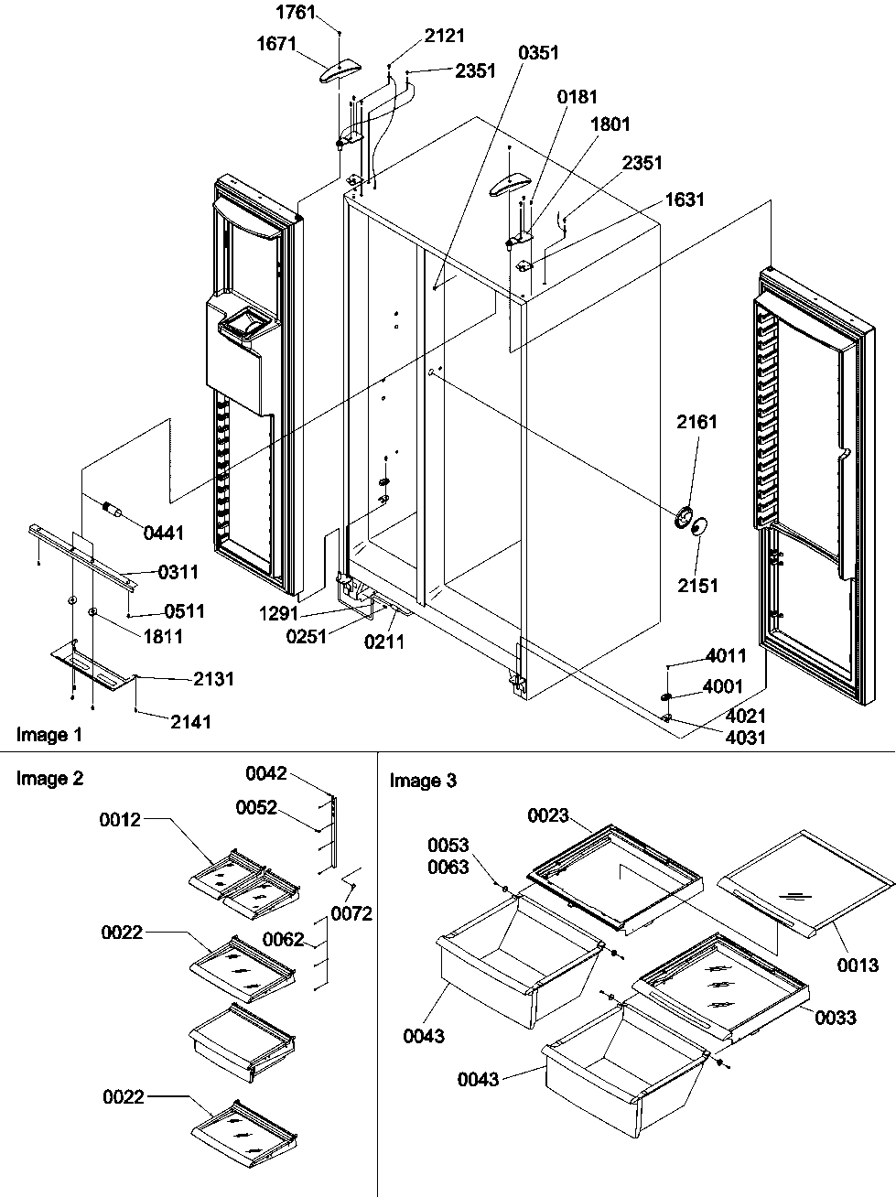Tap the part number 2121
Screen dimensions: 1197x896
pyautogui.click(x=445, y=36)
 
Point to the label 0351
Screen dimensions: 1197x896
pyautogui.click(x=538, y=53)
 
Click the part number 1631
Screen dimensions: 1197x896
pyautogui.click(x=685, y=199)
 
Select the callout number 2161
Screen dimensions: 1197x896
pyautogui.click(x=697, y=422)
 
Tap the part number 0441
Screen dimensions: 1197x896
pyautogui.click(x=163, y=533)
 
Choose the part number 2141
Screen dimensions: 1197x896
pyautogui.click(x=190, y=722)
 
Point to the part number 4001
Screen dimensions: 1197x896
pyautogui.click(x=722, y=685)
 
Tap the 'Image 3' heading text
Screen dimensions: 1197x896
pyautogui.click(x=422, y=781)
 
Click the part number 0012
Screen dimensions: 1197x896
pyautogui.click(x=121, y=820)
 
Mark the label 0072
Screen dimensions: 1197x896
pyautogui.click(x=351, y=913)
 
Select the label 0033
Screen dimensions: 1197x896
pyautogui.click(x=836, y=1018)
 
